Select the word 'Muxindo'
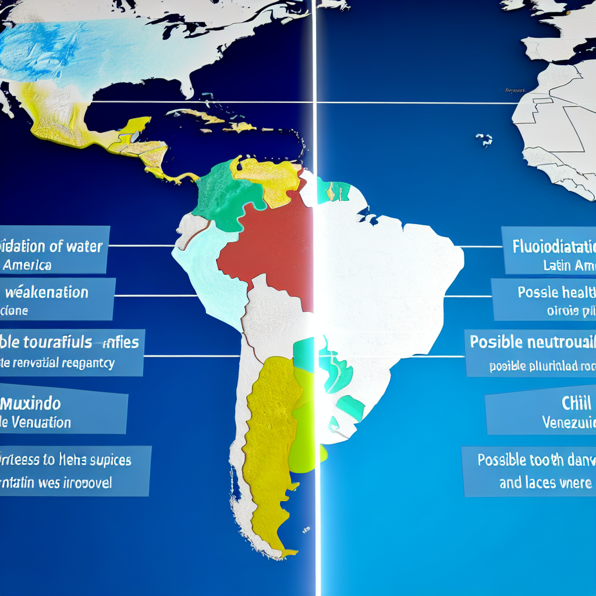[33, 403]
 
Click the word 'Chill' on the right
[576, 403]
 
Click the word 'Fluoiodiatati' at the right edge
[553, 247]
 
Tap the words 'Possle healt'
[556, 292]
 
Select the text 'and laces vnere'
[545, 483]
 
